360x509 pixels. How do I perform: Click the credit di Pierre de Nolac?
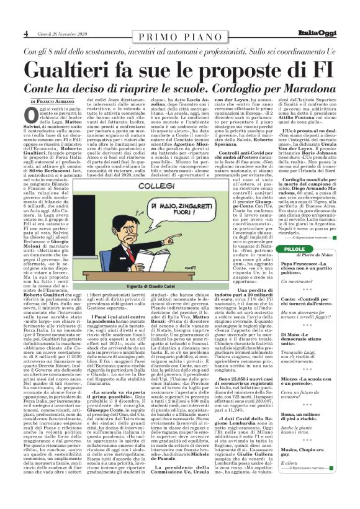316,256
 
